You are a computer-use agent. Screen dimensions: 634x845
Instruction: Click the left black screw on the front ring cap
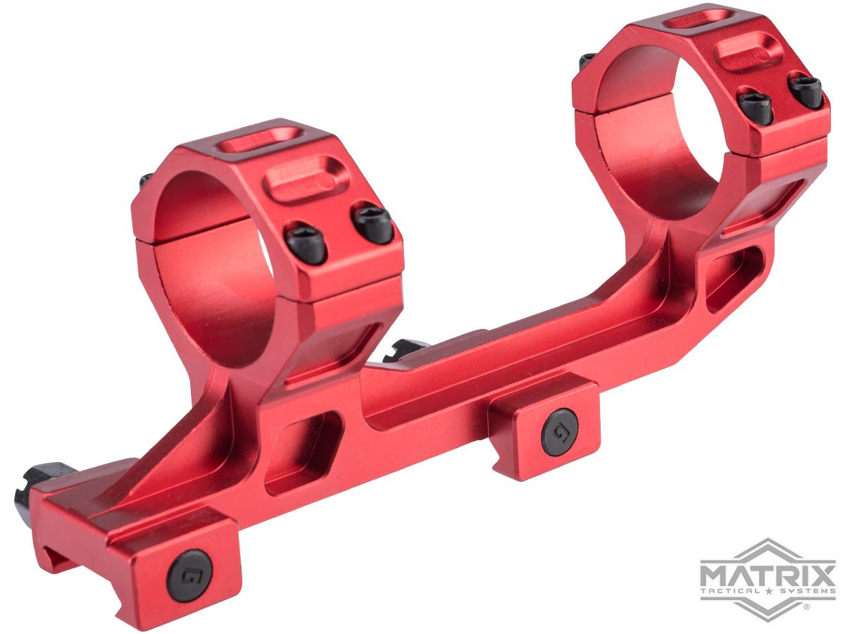[x=305, y=244]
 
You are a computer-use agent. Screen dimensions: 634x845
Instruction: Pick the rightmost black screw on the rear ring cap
[x=806, y=91]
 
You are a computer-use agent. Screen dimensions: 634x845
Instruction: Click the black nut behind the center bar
[x=404, y=350]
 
